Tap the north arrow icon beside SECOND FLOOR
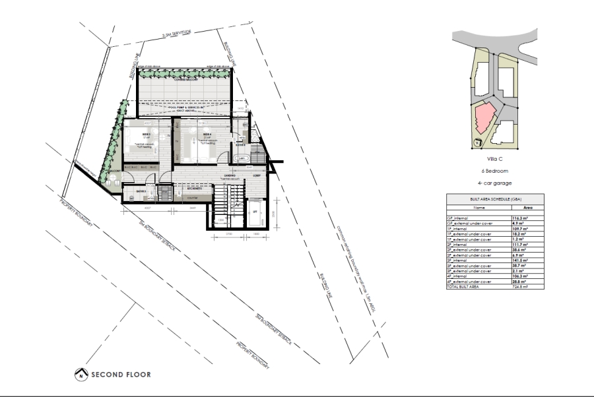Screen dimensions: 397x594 80,375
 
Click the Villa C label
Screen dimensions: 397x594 495,159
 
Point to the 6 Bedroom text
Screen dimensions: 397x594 495,170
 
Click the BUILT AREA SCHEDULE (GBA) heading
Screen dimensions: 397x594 495,198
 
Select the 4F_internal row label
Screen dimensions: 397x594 461,276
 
